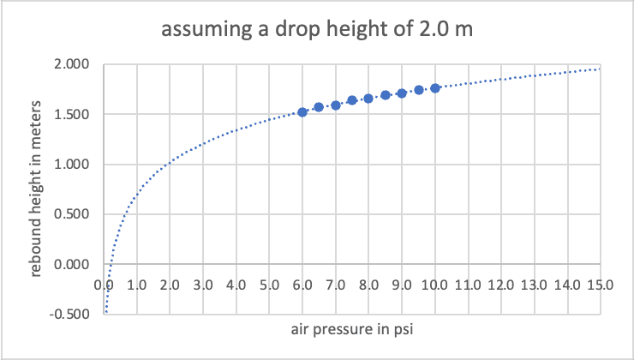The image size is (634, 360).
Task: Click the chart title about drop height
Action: point(317,31)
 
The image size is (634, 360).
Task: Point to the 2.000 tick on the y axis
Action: point(73,64)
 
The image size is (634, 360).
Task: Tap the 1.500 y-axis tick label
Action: point(73,114)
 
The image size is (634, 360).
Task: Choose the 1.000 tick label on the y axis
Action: point(73,165)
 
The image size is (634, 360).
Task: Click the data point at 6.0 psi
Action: point(302,111)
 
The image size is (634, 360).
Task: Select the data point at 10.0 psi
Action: point(435,87)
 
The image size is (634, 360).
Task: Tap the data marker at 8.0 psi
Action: point(368,98)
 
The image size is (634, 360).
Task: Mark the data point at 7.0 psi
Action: point(336,105)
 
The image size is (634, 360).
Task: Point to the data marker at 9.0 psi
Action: point(402,93)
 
